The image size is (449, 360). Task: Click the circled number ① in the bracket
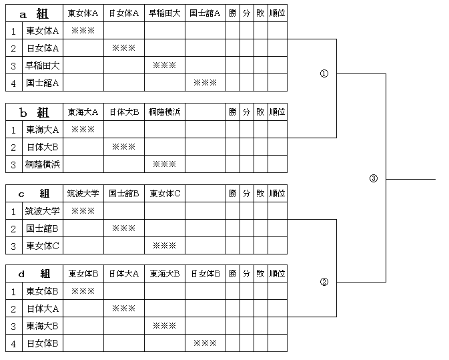[324, 73]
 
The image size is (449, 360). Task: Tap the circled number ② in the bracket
[324, 282]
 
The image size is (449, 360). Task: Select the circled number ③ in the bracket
[374, 178]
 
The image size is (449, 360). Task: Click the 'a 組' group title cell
[35, 13]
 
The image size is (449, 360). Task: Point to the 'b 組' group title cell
[35, 112]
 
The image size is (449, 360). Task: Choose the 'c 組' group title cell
[35, 194]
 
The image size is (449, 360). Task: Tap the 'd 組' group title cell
[35, 274]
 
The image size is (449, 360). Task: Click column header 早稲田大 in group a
[165, 13]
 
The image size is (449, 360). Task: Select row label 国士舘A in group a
[43, 83]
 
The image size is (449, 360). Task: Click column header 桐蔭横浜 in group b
[165, 112]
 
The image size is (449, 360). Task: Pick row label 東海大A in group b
[43, 130]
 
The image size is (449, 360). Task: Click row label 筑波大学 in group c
[43, 211]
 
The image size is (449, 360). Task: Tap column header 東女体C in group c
[165, 194]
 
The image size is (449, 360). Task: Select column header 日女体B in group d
[205, 274]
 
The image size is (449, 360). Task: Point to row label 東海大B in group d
[43, 326]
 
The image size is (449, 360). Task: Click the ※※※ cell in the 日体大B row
[123, 147]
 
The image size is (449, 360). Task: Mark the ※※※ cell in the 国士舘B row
[123, 228]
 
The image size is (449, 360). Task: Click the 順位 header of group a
[277, 13]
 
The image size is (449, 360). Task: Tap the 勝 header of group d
[233, 274]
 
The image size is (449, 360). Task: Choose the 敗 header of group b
[260, 112]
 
